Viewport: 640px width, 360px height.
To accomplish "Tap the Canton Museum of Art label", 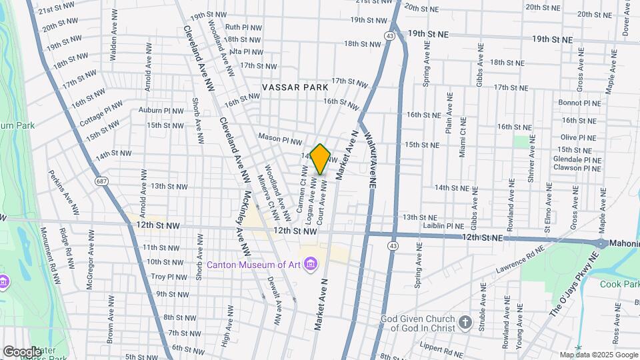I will pos(253,265).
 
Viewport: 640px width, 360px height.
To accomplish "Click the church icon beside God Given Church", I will pos(465,323).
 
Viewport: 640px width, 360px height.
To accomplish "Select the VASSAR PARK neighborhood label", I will pos(295,87).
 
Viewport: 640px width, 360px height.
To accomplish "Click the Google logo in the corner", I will pos(23,351).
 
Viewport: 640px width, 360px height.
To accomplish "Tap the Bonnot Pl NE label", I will pos(579,103).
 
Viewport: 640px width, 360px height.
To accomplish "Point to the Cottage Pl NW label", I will pos(101,114).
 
